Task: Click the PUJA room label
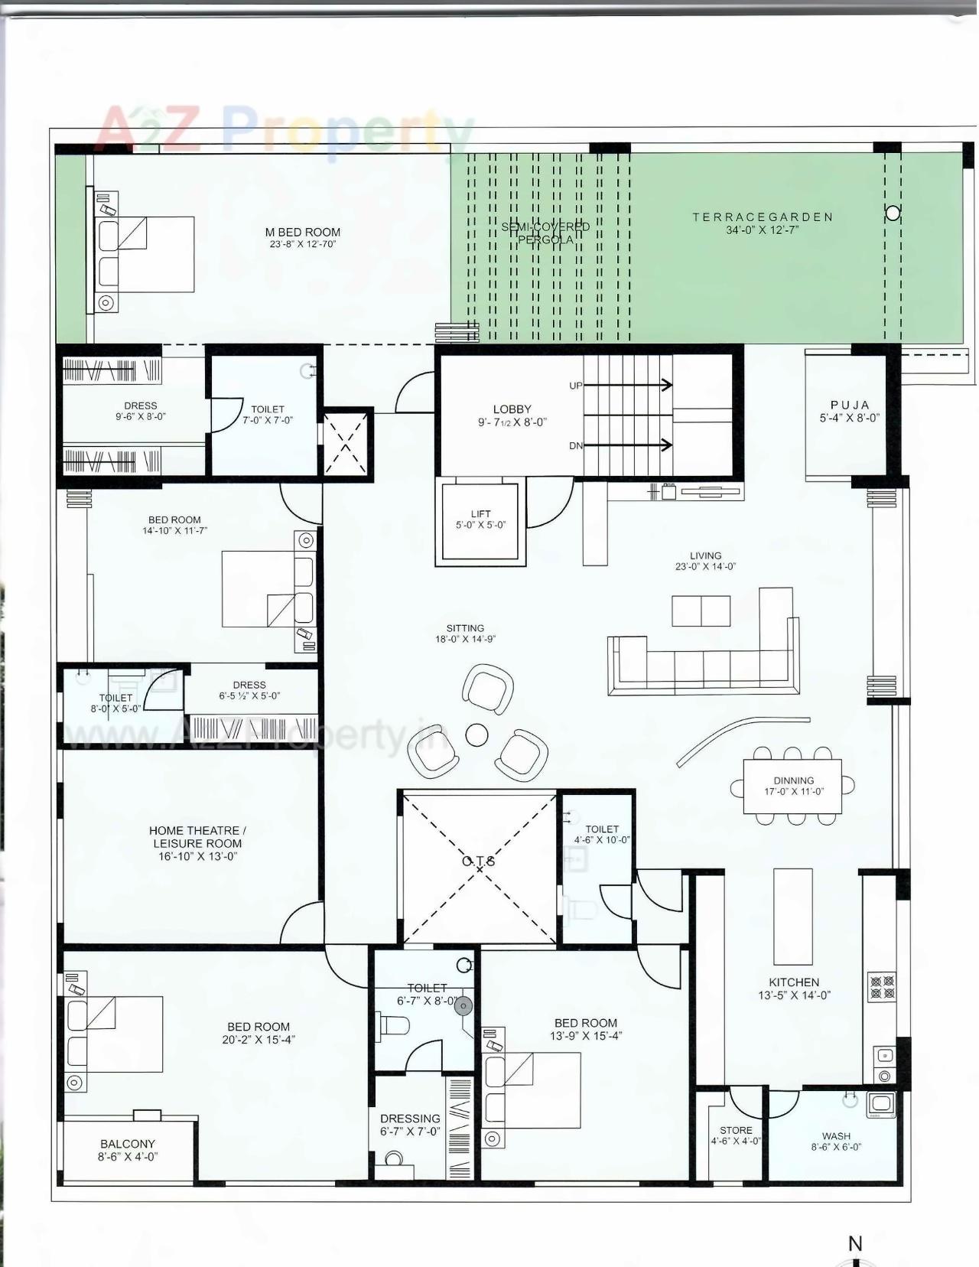[850, 406]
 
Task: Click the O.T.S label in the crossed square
[479, 861]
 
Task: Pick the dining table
[792, 787]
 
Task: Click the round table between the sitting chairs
[477, 735]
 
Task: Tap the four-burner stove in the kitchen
[882, 986]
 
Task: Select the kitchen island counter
[792, 916]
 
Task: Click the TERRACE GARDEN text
[763, 217]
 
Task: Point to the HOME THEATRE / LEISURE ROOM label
[197, 837]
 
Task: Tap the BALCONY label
[128, 1144]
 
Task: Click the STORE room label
[736, 1130]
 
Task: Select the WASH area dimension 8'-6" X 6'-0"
[836, 1147]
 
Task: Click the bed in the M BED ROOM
[145, 254]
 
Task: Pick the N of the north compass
[855, 1244]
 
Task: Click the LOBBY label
[512, 409]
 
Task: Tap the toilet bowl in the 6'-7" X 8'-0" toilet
[394, 1025]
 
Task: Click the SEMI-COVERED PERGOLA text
[545, 233]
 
